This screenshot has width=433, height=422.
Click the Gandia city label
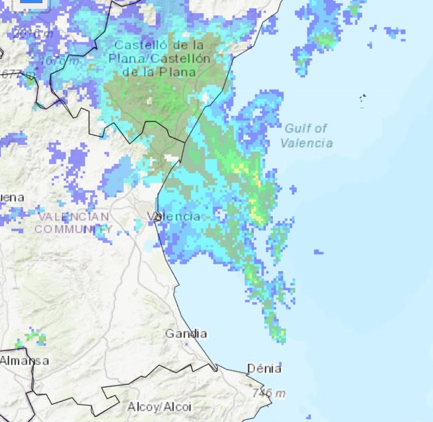pyautogui.click(x=186, y=333)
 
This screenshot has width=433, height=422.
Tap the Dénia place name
pyautogui.click(x=264, y=369)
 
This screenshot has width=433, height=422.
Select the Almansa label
pyautogui.click(x=24, y=360)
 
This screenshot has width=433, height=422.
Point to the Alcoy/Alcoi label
pyautogui.click(x=159, y=407)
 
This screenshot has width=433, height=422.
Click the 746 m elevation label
pyautogui.click(x=269, y=394)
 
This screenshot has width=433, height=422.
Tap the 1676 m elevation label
pyautogui.click(x=60, y=61)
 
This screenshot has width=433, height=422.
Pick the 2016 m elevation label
pyautogui.click(x=33, y=34)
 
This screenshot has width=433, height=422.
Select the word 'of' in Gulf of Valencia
pyautogui.click(x=321, y=129)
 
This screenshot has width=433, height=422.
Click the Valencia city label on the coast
pyautogui.click(x=174, y=216)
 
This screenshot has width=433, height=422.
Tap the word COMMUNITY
pyautogui.click(x=73, y=229)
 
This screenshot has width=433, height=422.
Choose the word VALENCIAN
pyautogui.click(x=74, y=217)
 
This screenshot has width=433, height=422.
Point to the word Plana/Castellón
pyautogui.click(x=159, y=59)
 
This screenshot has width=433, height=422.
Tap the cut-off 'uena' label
pyautogui.click(x=12, y=198)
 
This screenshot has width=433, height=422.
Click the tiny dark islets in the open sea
pyautogui.click(x=363, y=97)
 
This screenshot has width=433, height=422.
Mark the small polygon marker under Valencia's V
pyautogui.click(x=158, y=218)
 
